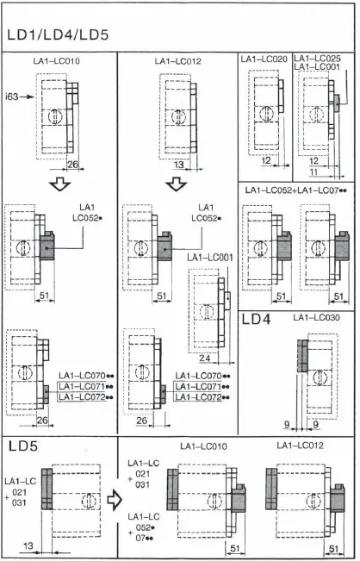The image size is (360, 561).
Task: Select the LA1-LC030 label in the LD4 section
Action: [x=316, y=318]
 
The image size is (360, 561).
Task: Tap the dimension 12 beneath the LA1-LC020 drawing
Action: [x=265, y=161]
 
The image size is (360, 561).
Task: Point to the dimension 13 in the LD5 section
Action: [x=27, y=545]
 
